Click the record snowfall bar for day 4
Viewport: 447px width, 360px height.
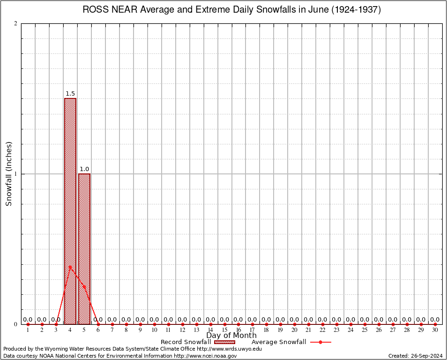(70, 211)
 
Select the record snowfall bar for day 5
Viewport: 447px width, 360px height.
(84, 248)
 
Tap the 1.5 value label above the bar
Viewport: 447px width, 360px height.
(70, 94)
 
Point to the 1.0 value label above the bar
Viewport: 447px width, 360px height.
(84, 169)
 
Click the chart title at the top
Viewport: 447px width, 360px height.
(232, 10)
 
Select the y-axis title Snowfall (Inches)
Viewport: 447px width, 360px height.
(9, 174)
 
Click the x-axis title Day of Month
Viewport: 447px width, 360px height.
(231, 335)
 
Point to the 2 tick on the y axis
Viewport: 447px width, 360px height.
(16, 24)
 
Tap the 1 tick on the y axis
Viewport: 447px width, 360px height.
(16, 174)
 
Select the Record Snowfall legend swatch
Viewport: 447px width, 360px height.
(224, 342)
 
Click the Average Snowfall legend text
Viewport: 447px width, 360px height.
(279, 342)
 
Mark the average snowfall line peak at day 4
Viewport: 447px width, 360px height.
(70, 267)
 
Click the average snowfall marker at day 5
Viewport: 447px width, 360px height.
(84, 287)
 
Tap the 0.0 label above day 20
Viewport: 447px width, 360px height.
(294, 320)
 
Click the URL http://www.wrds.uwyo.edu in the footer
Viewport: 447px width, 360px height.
(229, 349)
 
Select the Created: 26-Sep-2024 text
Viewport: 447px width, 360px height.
(416, 356)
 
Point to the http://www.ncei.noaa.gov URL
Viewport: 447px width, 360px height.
(205, 356)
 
